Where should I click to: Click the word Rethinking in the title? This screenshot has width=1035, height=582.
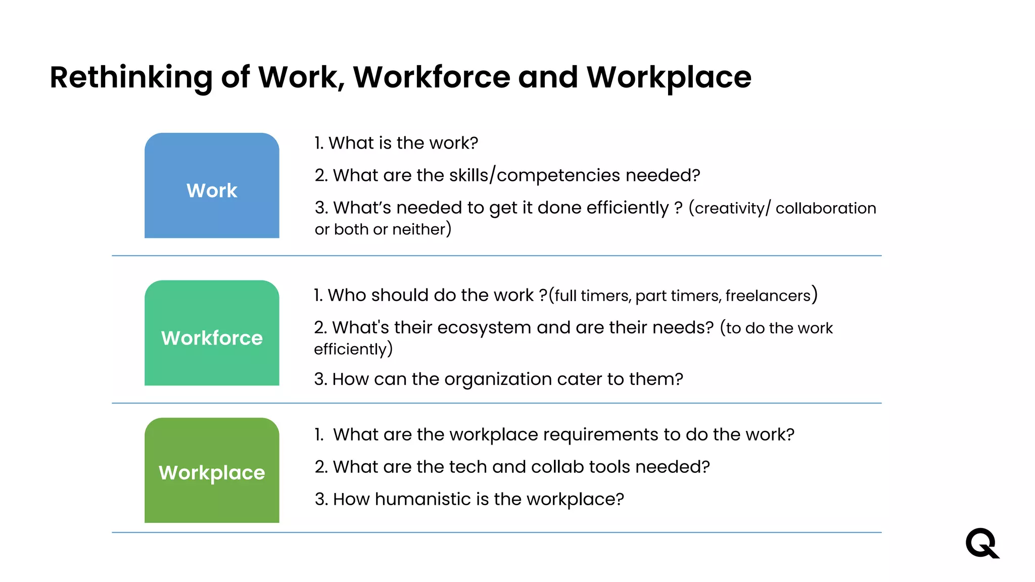coord(131,78)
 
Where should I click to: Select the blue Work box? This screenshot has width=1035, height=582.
coord(212,185)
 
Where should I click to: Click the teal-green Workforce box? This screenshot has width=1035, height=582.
coord(212,333)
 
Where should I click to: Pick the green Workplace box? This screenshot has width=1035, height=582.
coord(212,470)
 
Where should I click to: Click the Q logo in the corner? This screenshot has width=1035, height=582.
coord(982,543)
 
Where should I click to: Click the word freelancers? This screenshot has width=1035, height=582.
coord(768,296)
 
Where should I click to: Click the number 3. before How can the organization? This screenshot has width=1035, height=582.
coord(320,379)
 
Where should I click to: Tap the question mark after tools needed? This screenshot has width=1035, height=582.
coord(705,467)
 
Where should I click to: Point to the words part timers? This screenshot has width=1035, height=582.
coord(678,296)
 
